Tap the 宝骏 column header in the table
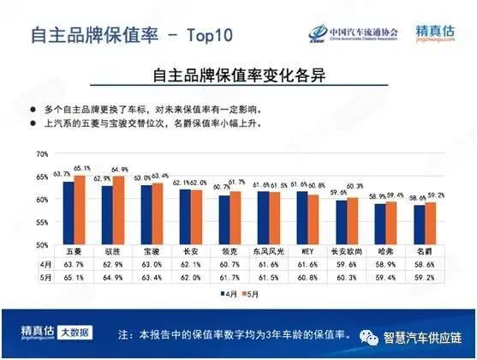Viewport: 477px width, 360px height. tap(152, 253)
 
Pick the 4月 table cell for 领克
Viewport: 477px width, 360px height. tap(230, 265)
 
